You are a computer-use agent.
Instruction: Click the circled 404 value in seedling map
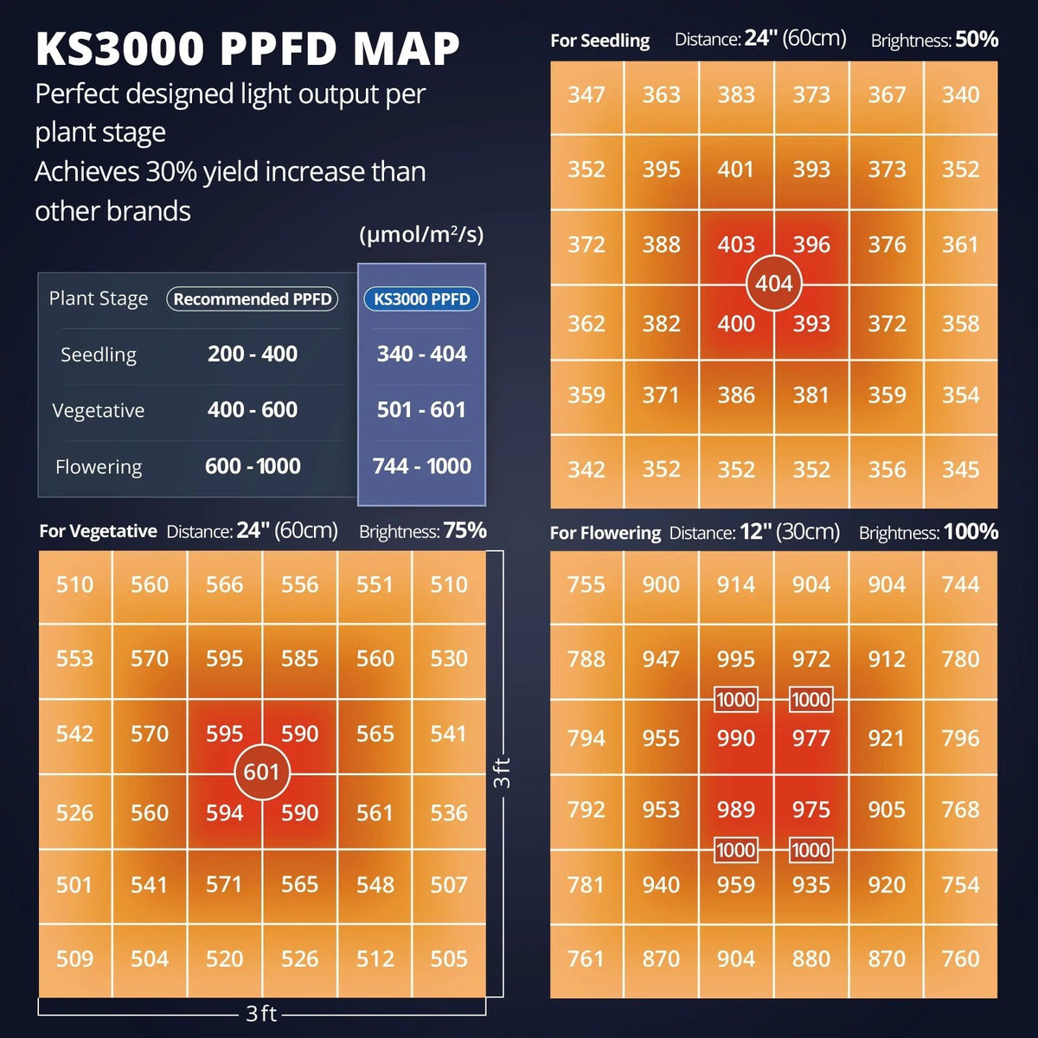pyautogui.click(x=773, y=283)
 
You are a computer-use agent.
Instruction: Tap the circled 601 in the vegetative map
pyautogui.click(x=261, y=772)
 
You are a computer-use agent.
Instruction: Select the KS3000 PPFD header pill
pyautogui.click(x=421, y=299)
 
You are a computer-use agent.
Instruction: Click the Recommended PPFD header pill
pyautogui.click(x=252, y=299)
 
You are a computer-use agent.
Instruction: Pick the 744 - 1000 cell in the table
pyautogui.click(x=421, y=466)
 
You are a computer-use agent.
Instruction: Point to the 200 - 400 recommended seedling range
pyautogui.click(x=252, y=354)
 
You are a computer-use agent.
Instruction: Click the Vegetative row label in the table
pyautogui.click(x=98, y=410)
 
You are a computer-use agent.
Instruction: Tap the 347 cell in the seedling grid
pyautogui.click(x=586, y=95)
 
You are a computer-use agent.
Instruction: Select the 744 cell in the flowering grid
pyautogui.click(x=960, y=585)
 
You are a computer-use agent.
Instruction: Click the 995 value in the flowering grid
pyautogui.click(x=735, y=659)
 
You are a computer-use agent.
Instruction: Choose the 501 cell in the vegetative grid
pyautogui.click(x=74, y=885)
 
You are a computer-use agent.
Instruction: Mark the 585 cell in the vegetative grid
pyautogui.click(x=299, y=659)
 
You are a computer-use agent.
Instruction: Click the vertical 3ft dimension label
pyautogui.click(x=502, y=772)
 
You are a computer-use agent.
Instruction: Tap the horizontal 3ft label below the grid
pyautogui.click(x=261, y=1013)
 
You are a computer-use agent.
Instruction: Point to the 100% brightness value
pyautogui.click(x=971, y=531)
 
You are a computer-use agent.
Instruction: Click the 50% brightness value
pyautogui.click(x=977, y=40)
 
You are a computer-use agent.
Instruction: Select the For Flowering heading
pyautogui.click(x=605, y=533)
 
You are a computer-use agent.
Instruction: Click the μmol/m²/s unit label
pyautogui.click(x=421, y=234)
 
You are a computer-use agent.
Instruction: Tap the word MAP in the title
pyautogui.click(x=406, y=49)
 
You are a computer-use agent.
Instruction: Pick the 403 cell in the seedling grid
pyautogui.click(x=735, y=245)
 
